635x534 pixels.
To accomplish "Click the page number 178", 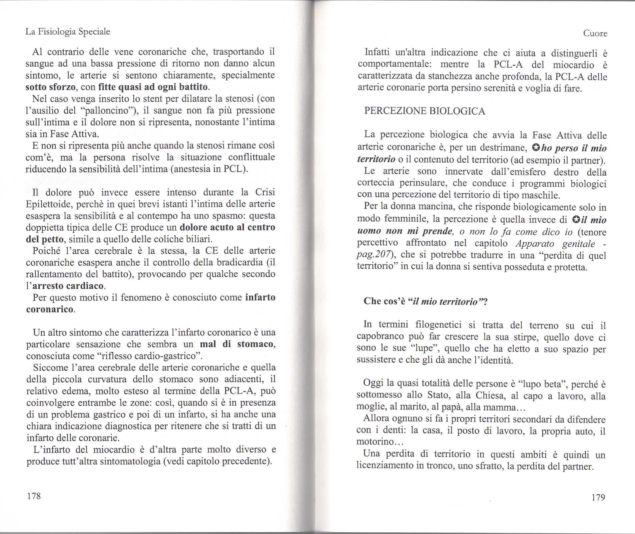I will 34,496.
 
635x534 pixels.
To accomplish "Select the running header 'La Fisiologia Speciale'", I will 68,32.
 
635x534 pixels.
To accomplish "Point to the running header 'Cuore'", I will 595,33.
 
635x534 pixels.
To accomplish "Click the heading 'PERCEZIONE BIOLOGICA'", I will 425,111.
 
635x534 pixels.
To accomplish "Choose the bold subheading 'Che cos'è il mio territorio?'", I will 426,301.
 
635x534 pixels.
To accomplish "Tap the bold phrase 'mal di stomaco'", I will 237,344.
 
